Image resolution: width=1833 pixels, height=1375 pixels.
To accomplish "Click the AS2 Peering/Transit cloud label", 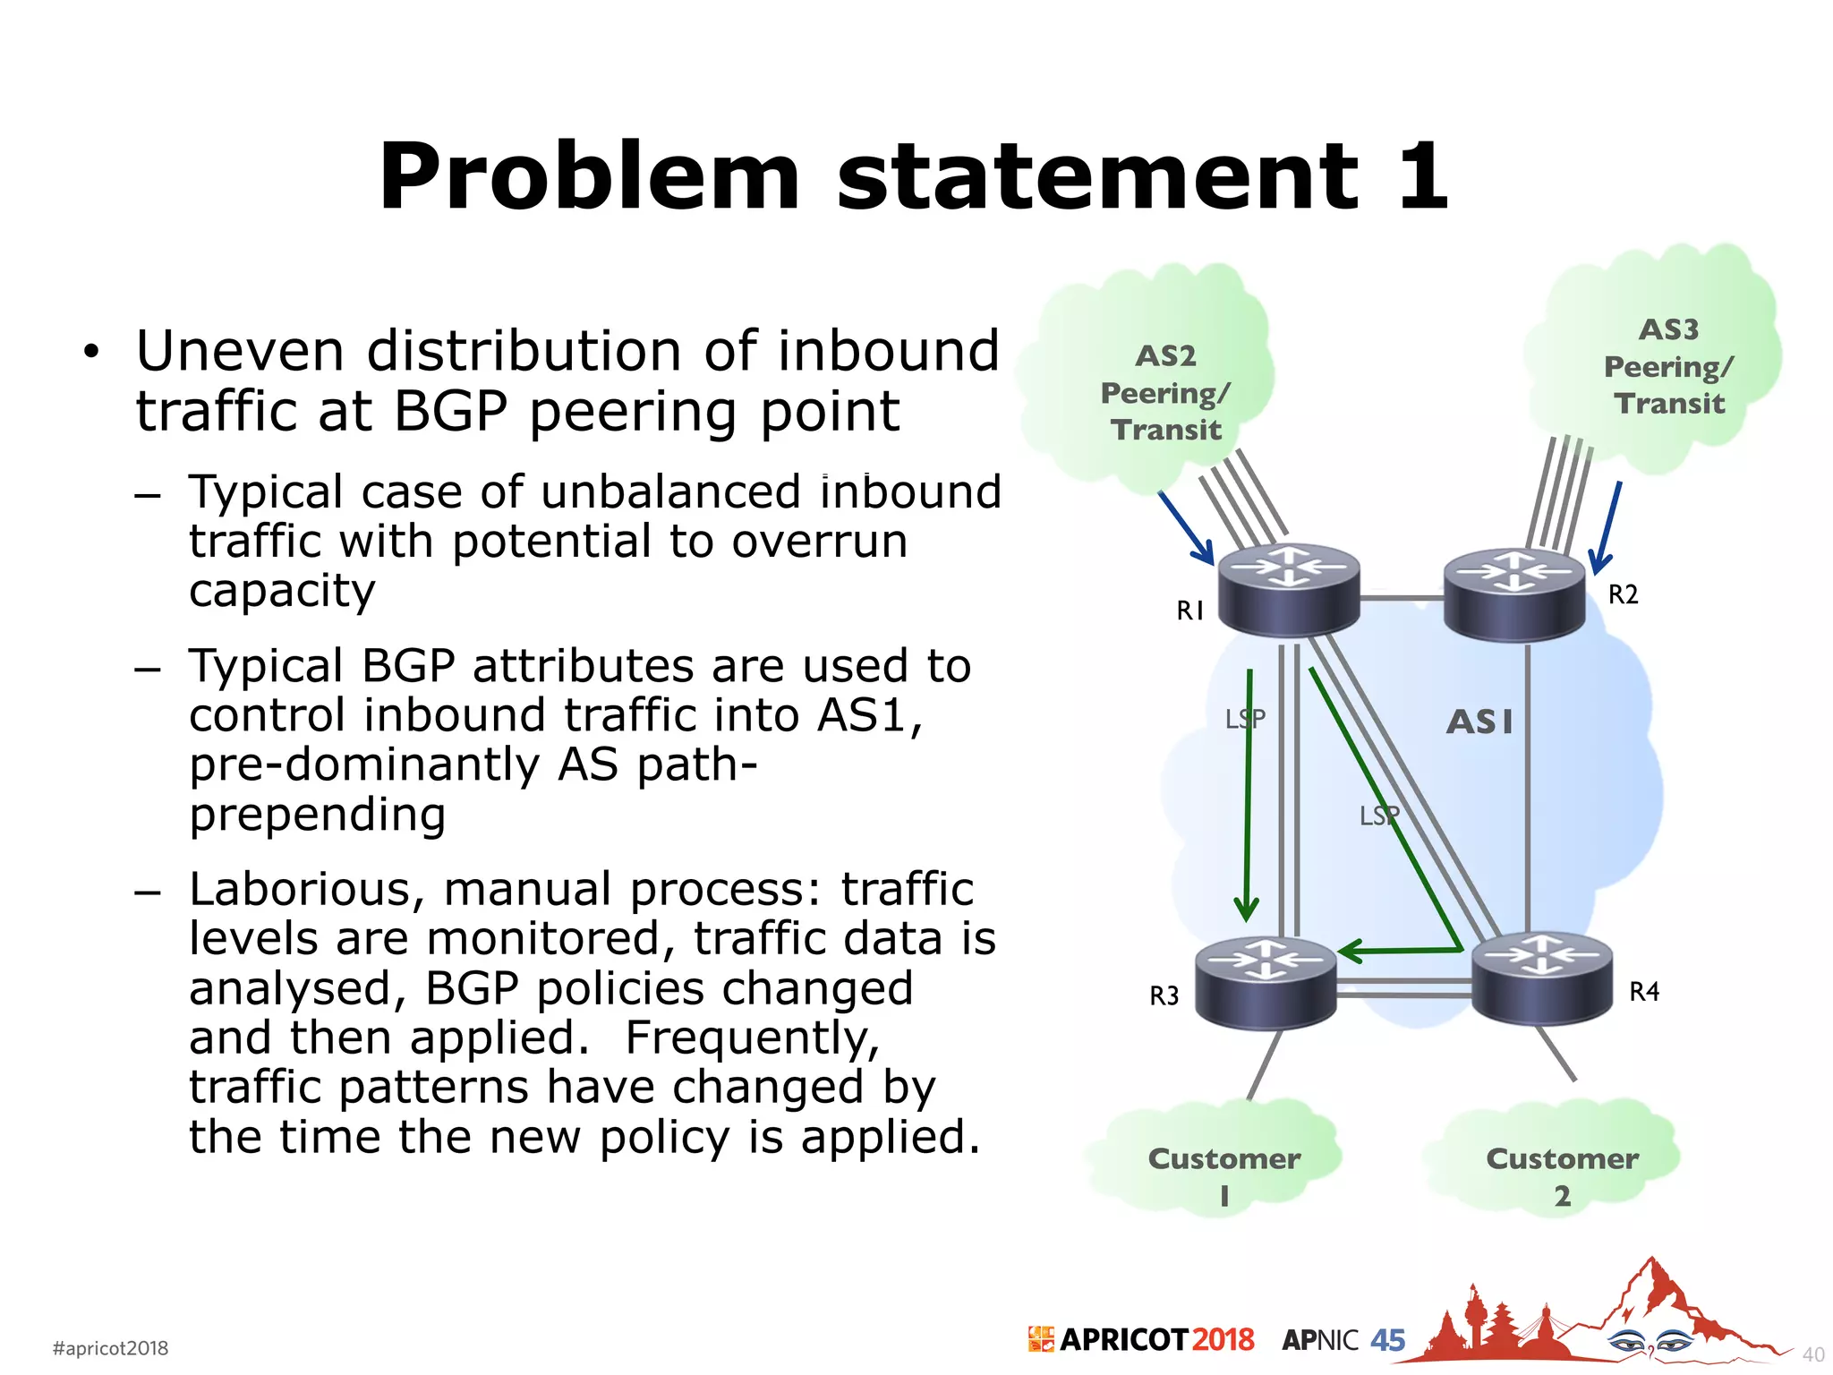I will pos(1166,393).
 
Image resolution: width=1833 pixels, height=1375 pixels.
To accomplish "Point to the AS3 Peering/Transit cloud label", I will pos(1669,366).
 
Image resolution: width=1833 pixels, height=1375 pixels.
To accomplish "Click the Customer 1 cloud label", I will pos(1223,1175).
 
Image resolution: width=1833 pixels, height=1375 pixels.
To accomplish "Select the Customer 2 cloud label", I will pos(1562,1175).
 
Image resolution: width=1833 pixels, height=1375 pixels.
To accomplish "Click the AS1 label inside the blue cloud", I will pos(1479,722).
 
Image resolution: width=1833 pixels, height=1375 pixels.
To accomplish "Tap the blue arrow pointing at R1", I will pos(1187,528).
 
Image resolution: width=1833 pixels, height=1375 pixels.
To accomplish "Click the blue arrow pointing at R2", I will pos(1607,528).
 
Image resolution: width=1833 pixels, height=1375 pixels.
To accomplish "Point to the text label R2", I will pos(1623,594).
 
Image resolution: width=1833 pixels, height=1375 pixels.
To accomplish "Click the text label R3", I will pos(1164,995).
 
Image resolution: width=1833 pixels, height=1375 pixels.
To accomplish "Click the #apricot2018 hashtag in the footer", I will pos(110,1348).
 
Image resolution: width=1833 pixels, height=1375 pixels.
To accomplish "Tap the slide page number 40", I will pos(1812,1354).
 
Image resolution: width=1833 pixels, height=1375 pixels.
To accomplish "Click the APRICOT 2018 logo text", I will pos(1142,1339).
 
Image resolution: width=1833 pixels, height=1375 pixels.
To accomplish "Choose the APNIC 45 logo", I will pos(1343,1340).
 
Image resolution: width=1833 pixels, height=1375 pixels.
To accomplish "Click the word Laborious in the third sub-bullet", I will pos(300,890).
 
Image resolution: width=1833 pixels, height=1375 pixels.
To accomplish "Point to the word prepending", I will pos(318,815).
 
